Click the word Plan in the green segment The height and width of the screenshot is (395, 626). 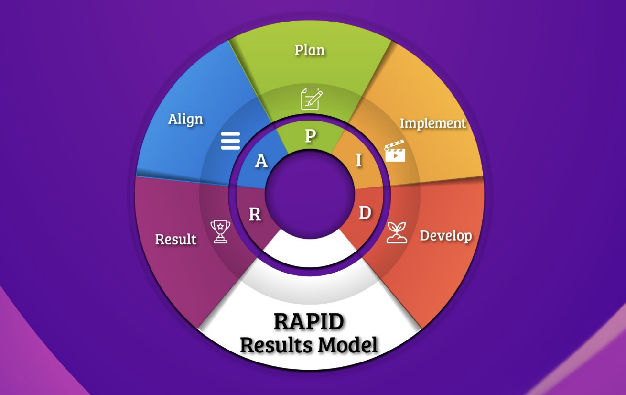pyautogui.click(x=310, y=50)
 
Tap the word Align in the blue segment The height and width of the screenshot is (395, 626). pyautogui.click(x=185, y=119)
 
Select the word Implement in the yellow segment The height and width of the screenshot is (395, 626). pyautogui.click(x=432, y=123)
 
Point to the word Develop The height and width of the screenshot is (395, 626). pyautogui.click(x=445, y=236)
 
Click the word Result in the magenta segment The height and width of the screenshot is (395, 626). pyautogui.click(x=175, y=239)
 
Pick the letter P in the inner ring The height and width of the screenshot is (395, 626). pyautogui.click(x=310, y=136)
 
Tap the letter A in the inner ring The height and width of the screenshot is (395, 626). pyautogui.click(x=261, y=162)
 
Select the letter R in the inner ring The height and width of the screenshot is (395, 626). pyautogui.click(x=255, y=215)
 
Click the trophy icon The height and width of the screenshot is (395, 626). pyautogui.click(x=220, y=231)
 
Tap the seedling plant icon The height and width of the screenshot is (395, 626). pyautogui.click(x=397, y=232)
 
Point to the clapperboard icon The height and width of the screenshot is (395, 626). pyautogui.click(x=395, y=151)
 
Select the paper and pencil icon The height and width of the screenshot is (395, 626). pyautogui.click(x=312, y=99)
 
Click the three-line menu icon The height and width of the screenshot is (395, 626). pyautogui.click(x=230, y=141)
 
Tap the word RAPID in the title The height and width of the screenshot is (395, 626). pyautogui.click(x=309, y=322)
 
